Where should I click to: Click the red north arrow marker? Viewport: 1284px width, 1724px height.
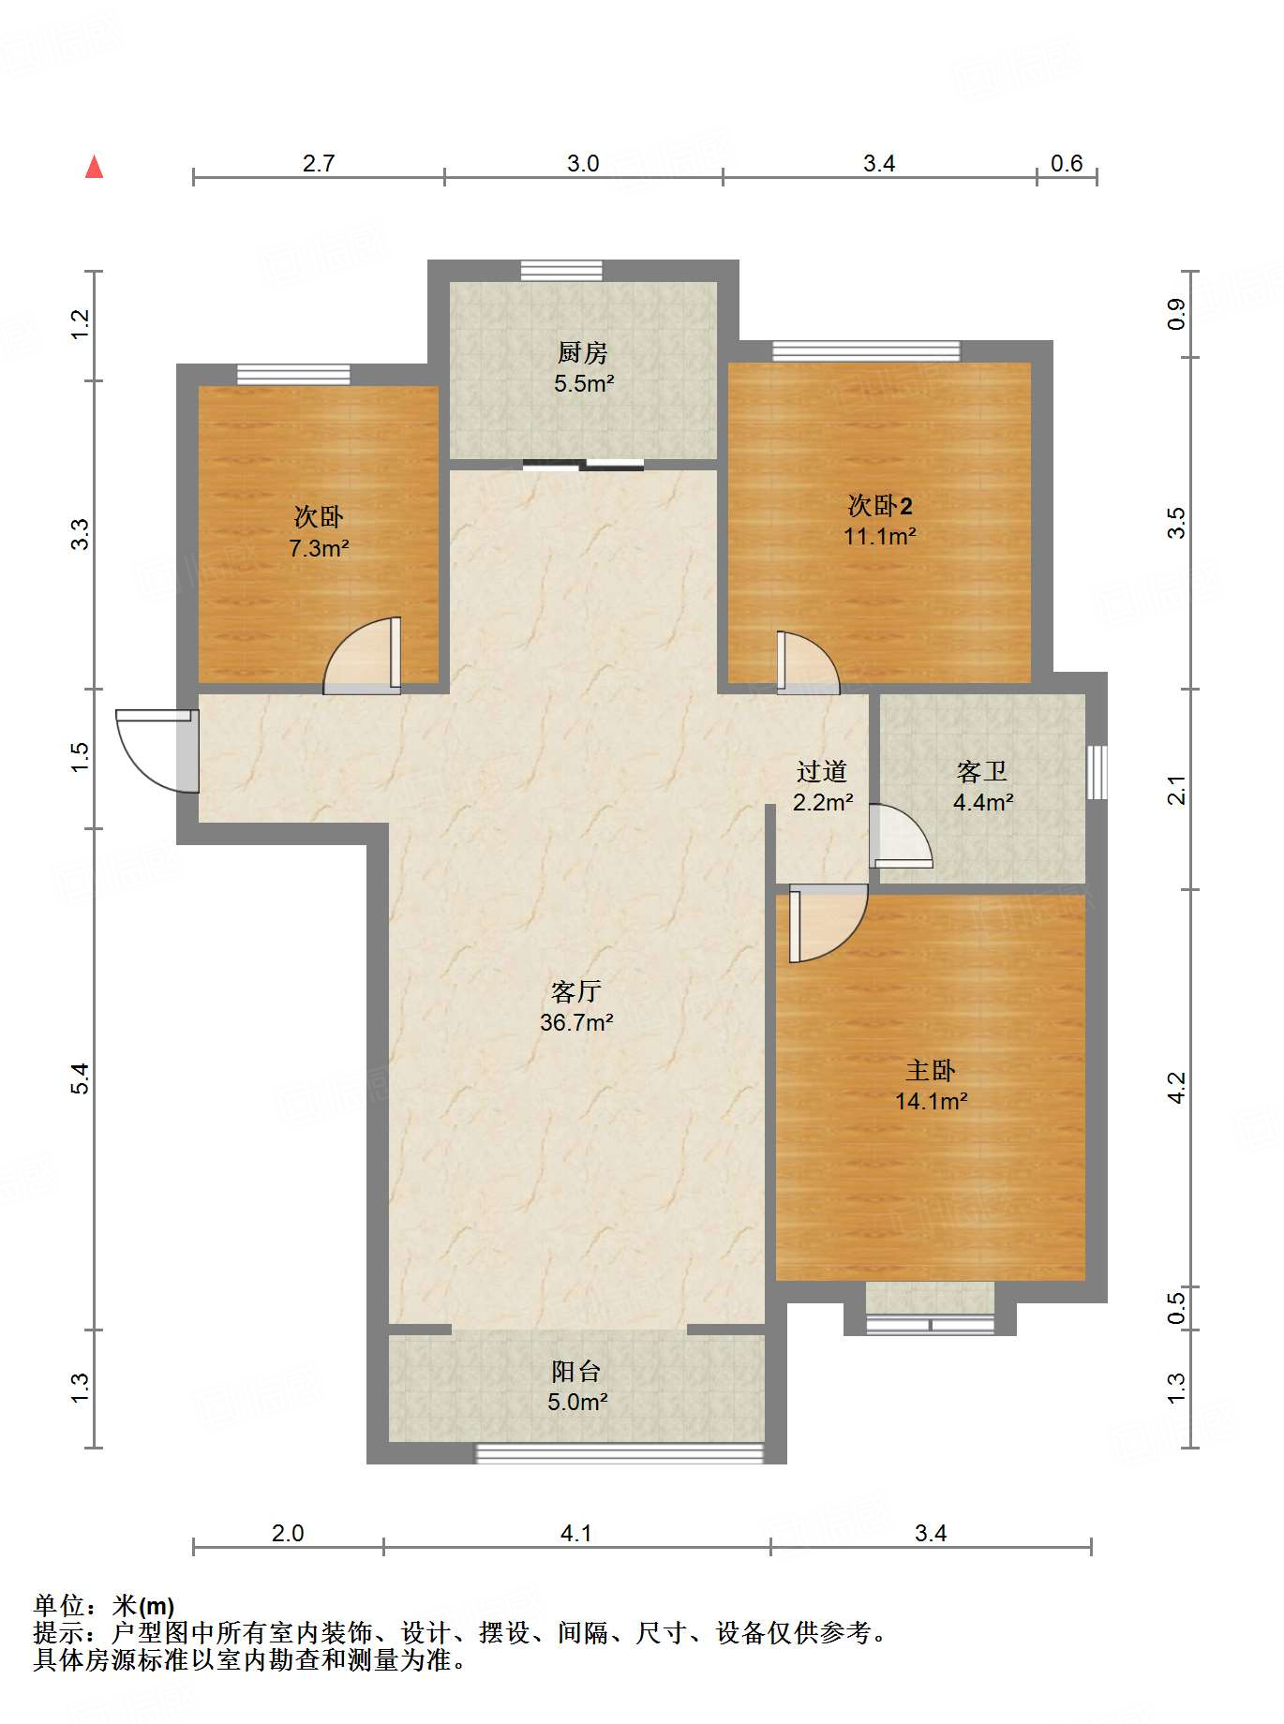tap(94, 167)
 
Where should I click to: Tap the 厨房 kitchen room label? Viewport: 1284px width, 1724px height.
tap(582, 352)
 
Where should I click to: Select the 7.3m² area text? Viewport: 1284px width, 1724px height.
tap(319, 548)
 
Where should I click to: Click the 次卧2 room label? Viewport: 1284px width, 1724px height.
tap(880, 506)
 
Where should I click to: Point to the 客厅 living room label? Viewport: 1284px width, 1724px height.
tap(575, 991)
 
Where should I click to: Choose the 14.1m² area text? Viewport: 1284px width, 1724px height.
tap(931, 1101)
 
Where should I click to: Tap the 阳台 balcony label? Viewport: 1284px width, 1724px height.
tap(575, 1372)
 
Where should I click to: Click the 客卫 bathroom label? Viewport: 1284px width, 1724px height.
tap(982, 771)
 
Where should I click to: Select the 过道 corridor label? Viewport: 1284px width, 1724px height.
tap(822, 771)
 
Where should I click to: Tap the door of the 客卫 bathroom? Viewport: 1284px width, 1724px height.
tap(901, 836)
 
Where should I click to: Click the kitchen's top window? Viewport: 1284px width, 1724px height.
tap(561, 270)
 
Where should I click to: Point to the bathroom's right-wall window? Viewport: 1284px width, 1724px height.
tap(1097, 772)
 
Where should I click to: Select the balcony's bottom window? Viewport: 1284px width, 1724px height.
tap(620, 1453)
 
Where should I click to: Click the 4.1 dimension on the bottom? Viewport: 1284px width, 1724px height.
tap(575, 1533)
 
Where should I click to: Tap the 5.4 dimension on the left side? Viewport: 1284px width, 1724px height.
tap(81, 1077)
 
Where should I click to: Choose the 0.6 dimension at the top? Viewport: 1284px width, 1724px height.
tap(1066, 163)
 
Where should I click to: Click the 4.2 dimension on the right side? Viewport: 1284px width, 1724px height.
tap(1176, 1088)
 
